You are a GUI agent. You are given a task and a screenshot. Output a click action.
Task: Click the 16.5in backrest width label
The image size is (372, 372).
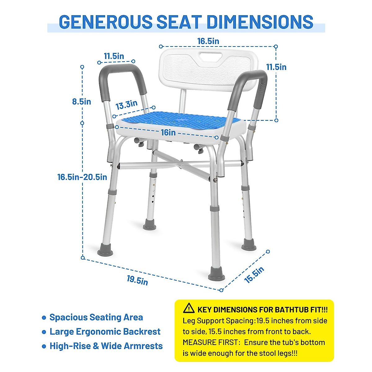[x=208, y=41]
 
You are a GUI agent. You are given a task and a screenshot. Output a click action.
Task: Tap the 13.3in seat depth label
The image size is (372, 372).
[x=126, y=105]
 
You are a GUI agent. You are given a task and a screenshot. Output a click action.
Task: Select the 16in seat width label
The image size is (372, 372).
[x=168, y=133]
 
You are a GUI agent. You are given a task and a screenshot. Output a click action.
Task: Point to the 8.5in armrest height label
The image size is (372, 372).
[x=82, y=101]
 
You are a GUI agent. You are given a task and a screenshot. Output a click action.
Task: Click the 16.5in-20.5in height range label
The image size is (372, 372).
[x=82, y=177]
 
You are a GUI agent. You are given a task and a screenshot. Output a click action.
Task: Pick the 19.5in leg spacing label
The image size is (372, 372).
[x=137, y=280]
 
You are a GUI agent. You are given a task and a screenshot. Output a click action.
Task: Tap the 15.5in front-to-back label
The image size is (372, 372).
[x=254, y=274]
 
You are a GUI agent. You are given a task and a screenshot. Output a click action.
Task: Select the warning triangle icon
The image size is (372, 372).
[x=189, y=308]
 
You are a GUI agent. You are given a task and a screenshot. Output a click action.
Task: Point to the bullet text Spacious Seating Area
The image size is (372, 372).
[x=96, y=317]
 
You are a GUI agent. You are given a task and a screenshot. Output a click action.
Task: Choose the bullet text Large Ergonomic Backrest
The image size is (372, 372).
[x=105, y=332]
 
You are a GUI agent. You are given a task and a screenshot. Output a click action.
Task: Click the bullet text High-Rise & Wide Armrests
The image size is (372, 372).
[x=106, y=346]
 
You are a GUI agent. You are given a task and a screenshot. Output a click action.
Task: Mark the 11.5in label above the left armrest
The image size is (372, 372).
[x=114, y=56]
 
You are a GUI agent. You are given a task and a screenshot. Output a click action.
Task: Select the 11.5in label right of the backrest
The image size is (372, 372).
[x=276, y=67]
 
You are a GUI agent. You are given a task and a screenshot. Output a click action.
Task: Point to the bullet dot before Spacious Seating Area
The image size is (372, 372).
[x=44, y=318]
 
